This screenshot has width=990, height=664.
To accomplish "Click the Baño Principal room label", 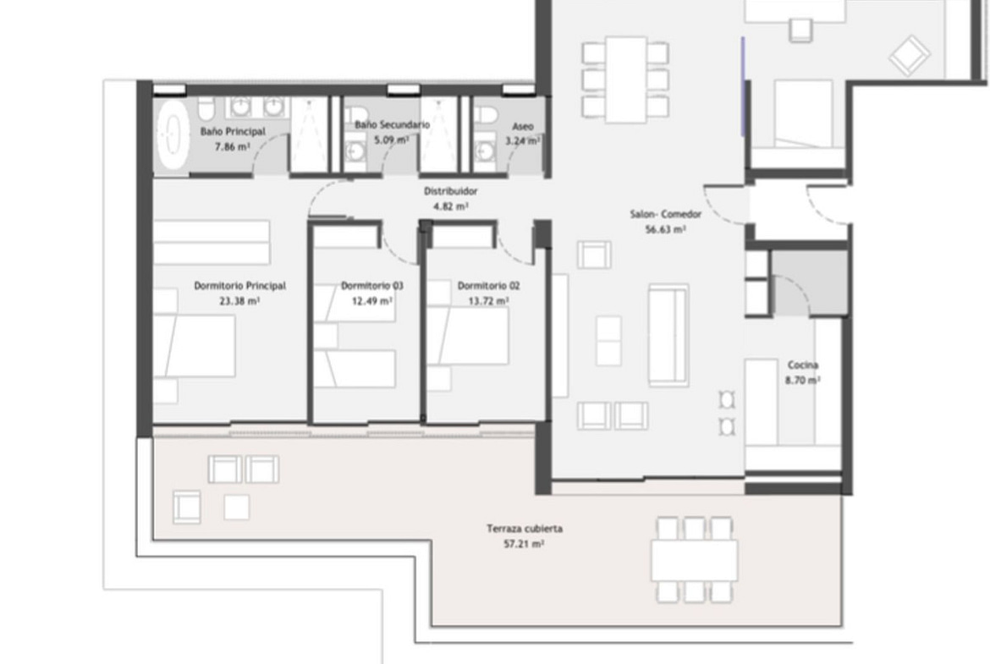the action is pos(233,131).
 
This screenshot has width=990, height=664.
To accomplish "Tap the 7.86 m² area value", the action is pos(232,147).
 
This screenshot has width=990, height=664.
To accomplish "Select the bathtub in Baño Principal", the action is pos(173,134).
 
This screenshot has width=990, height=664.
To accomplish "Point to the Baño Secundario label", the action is pos(392,124).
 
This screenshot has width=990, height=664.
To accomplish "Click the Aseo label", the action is pos(523,126).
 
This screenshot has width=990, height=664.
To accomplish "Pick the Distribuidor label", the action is pos(450,190).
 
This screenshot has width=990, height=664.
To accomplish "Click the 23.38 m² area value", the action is pos(239,301).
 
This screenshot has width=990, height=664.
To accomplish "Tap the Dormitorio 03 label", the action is pos(371,285).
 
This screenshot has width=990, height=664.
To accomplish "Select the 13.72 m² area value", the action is pos(488,301).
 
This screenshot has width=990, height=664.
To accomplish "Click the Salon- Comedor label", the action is pos(665,214).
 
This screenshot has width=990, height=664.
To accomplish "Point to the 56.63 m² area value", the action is pos(665,230).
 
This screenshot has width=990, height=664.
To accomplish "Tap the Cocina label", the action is pos(803,365).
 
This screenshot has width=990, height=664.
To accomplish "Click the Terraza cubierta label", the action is pos(524,529).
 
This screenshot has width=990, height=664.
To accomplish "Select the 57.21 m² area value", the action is pos(524,544).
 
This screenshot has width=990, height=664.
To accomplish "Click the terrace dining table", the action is pos(694,560).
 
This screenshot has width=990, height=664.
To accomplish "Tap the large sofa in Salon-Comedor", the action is pos(668,334).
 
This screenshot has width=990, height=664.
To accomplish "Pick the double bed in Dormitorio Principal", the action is pos(195,347).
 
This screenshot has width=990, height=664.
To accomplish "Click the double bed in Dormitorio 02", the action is pos(468,336).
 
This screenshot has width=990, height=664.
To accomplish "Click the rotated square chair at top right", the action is pos(909,56).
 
